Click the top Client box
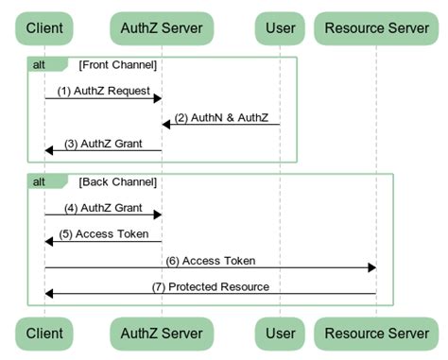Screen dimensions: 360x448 click(x=44, y=27)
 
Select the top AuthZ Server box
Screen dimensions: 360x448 click(x=161, y=27)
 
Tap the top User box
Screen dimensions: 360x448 click(x=280, y=27)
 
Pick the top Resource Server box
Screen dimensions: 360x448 click(x=376, y=27)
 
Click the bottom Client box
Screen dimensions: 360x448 click(x=44, y=334)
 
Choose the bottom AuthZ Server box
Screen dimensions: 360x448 click(x=161, y=334)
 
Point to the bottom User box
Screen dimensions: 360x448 click(x=280, y=334)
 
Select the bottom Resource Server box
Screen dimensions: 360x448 click(x=376, y=334)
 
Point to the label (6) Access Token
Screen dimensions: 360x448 click(x=210, y=260)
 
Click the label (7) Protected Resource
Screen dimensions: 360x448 click(x=211, y=286)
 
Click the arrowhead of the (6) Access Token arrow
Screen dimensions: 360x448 click(x=371, y=267)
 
